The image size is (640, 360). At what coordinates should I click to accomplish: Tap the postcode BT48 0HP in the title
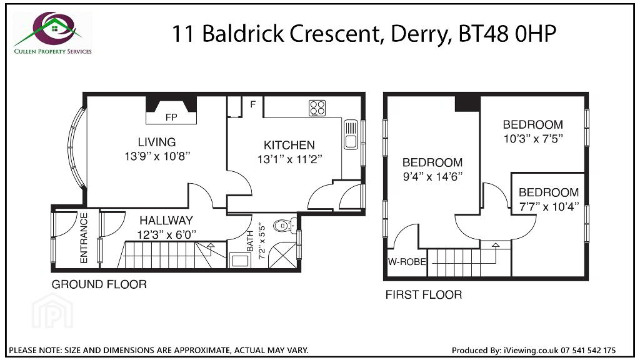[507, 34]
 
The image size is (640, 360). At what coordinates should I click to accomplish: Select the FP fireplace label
[171, 117]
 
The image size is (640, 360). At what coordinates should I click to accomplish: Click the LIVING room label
[157, 142]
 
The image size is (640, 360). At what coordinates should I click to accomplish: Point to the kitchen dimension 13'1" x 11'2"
[289, 159]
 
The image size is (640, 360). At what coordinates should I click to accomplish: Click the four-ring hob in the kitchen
[317, 108]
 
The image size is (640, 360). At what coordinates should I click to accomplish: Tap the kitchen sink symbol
[351, 134]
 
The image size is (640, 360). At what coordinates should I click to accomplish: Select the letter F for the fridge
[253, 104]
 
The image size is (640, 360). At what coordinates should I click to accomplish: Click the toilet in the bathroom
[284, 225]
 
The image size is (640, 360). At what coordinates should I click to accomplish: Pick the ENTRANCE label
[84, 238]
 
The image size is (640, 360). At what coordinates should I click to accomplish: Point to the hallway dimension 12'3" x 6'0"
[166, 235]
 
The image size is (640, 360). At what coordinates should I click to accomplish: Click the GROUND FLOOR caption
[99, 284]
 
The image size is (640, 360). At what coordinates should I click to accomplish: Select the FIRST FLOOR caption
[424, 295]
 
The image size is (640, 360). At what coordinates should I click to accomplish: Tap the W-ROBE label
[406, 262]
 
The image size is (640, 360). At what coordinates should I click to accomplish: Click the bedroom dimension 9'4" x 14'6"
[432, 177]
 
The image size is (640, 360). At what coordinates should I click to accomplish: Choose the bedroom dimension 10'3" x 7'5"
[533, 139]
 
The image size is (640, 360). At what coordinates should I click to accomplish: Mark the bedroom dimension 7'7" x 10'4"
[549, 206]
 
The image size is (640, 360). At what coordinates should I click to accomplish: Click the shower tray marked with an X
[282, 255]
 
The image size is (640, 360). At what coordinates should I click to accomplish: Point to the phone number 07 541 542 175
[588, 350]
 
